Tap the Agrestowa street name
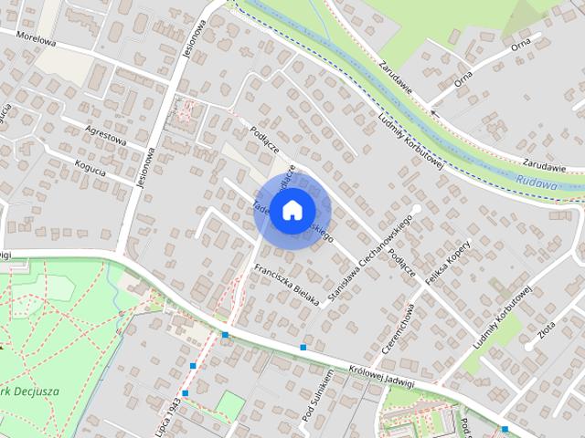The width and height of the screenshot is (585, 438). pyautogui.click(x=104, y=137)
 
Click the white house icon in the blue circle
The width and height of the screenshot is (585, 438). pyautogui.click(x=292, y=210)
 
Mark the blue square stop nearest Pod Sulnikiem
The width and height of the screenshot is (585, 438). pyautogui.click(x=303, y=348)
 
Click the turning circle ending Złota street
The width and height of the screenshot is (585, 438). pyautogui.click(x=529, y=346)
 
